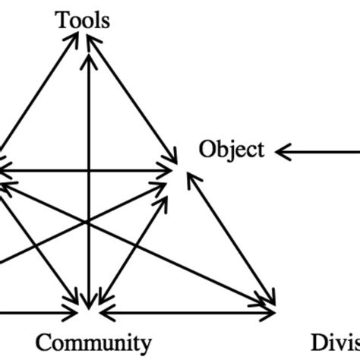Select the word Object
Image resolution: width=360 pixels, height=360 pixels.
(x=232, y=150)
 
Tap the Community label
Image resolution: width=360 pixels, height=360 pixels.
(x=93, y=341)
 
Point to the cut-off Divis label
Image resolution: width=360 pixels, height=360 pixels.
(x=335, y=341)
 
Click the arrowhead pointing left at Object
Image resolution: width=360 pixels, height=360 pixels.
(x=283, y=153)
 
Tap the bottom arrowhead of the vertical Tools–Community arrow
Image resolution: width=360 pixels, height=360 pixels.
(x=90, y=303)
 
